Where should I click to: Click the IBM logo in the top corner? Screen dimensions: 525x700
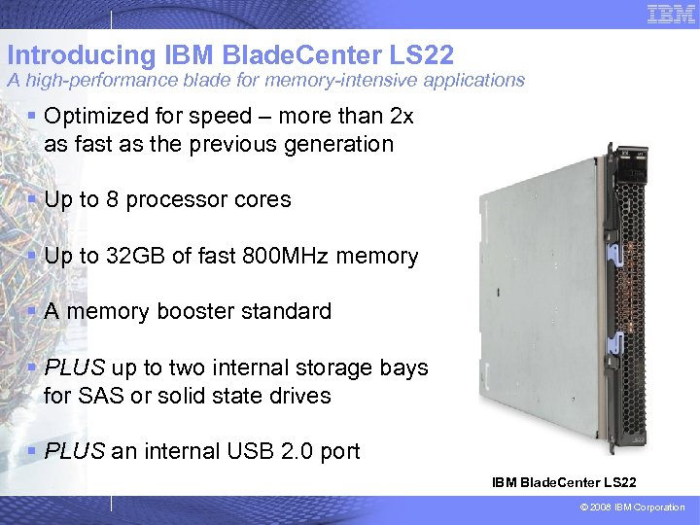point(671,14)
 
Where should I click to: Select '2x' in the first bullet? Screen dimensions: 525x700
point(401,117)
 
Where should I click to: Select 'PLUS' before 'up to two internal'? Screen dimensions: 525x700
point(75,368)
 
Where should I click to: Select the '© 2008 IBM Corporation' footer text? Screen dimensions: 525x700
point(630,507)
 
